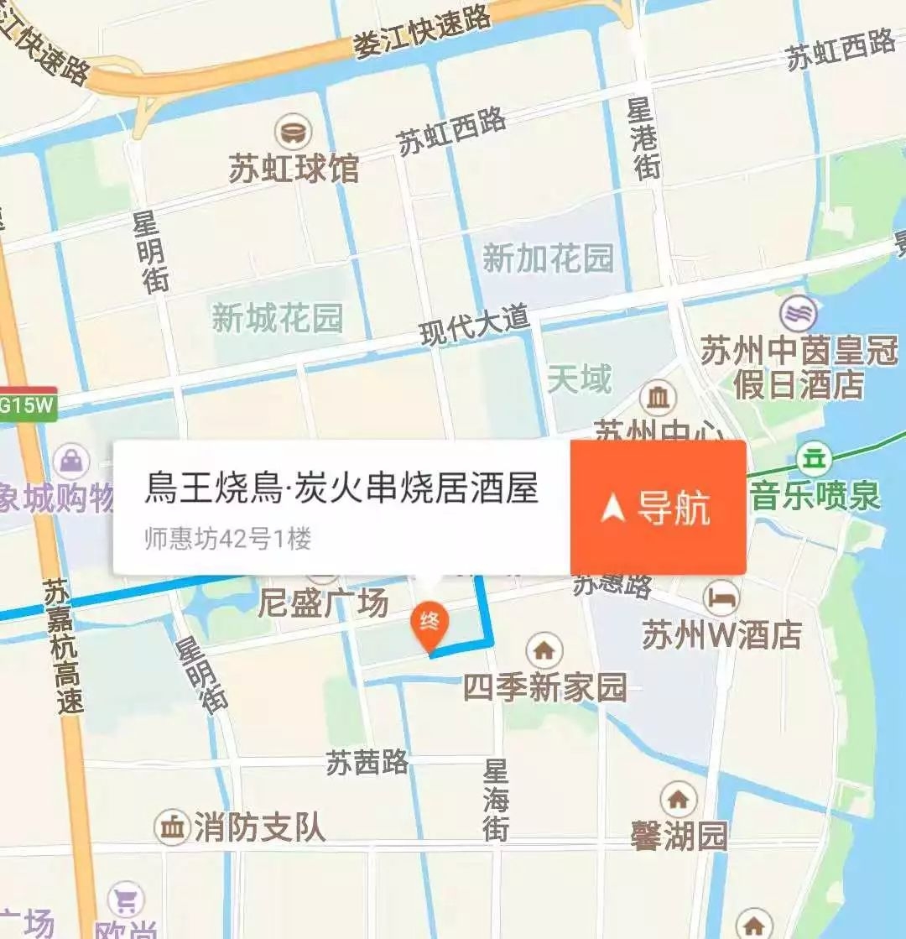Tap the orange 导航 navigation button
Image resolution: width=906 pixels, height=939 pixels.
[659, 508]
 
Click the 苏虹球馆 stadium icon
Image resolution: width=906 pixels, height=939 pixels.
[294, 132]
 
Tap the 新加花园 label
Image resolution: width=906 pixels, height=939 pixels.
[549, 258]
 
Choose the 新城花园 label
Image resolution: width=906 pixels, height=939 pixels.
[278, 318]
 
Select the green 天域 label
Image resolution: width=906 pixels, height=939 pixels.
[580, 379]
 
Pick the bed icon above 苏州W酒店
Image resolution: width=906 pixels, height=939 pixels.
[721, 597]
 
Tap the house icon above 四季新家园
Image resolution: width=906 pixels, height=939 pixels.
[544, 649]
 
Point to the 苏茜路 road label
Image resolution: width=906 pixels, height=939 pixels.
[367, 762]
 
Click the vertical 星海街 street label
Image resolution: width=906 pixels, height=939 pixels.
[496, 799]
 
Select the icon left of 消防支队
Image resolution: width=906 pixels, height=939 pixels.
[172, 828]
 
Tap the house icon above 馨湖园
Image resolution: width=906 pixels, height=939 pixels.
[678, 798]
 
